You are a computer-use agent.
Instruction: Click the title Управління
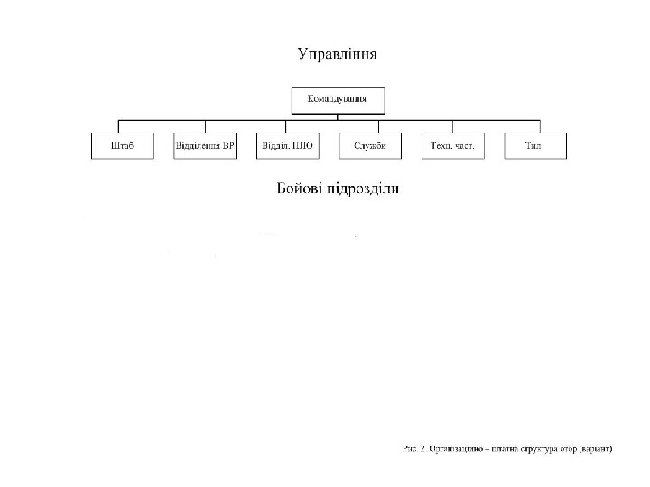338,54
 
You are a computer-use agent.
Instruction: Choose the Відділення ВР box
205,146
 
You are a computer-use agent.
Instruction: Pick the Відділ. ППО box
287,146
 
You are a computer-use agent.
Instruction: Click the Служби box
370,146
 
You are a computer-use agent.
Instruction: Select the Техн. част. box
452,146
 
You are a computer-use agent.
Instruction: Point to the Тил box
534,146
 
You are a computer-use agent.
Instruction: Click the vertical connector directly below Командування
338,115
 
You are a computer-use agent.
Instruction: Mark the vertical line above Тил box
540,126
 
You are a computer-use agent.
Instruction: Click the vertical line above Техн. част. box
453,126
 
